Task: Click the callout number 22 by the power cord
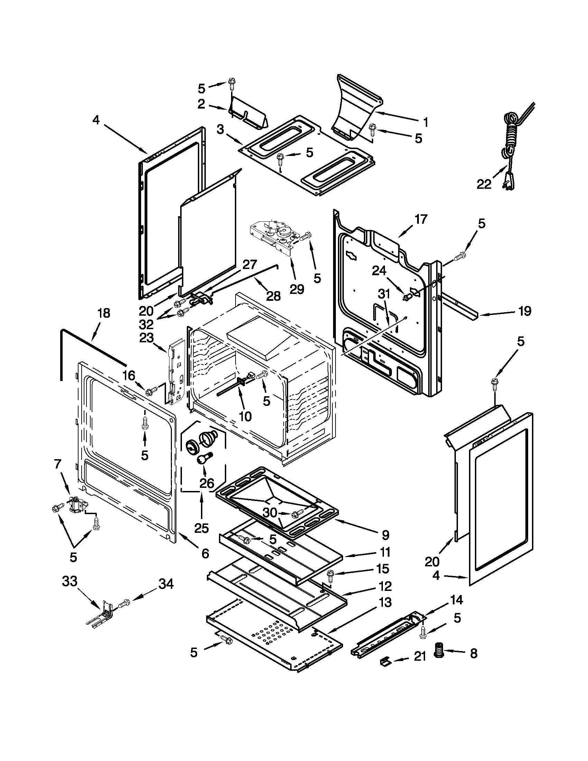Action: click(x=484, y=184)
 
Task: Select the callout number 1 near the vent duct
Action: click(x=425, y=122)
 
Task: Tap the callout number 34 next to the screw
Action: click(x=166, y=584)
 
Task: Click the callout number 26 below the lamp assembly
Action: click(x=206, y=483)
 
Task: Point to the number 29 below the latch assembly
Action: click(x=297, y=289)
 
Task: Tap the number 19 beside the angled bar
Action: click(x=525, y=311)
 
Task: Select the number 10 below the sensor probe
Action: click(x=245, y=416)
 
